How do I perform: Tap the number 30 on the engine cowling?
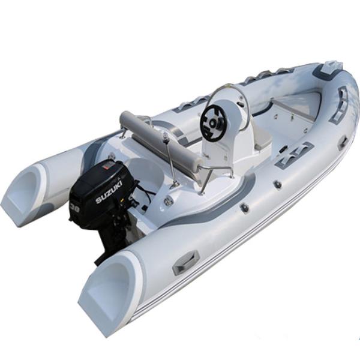(x=76, y=209)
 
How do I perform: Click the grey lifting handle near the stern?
(x=185, y=262)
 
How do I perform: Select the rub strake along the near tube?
(x=240, y=252)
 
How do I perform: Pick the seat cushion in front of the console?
(x=264, y=141)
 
